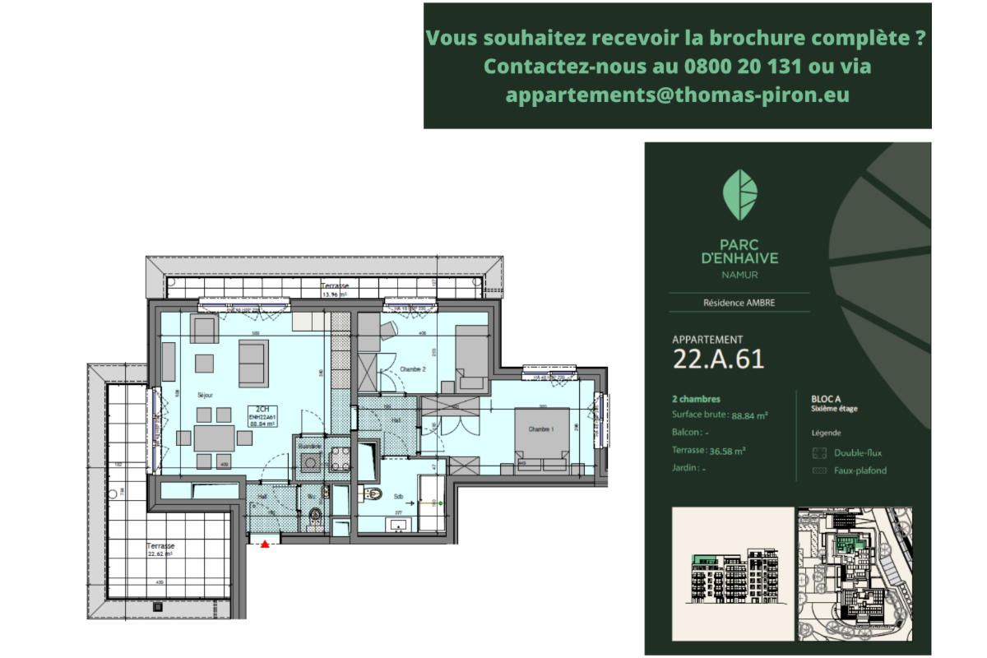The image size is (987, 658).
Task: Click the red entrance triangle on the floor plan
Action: (264, 544)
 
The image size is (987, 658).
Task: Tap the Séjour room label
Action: (205, 396)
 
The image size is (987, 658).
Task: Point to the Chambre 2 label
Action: (412, 370)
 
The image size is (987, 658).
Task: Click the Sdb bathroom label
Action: (398, 497)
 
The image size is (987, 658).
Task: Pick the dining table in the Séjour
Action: (215, 438)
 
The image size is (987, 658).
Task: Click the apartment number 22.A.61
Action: (718, 359)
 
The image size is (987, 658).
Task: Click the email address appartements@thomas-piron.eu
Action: (677, 95)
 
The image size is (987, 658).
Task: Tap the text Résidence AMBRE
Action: (739, 303)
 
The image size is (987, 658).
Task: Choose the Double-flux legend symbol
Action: (818, 452)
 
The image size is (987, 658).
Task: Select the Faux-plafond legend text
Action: (860, 470)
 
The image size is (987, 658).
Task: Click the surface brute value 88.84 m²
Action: (749, 415)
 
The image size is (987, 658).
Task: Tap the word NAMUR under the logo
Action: (739, 275)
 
